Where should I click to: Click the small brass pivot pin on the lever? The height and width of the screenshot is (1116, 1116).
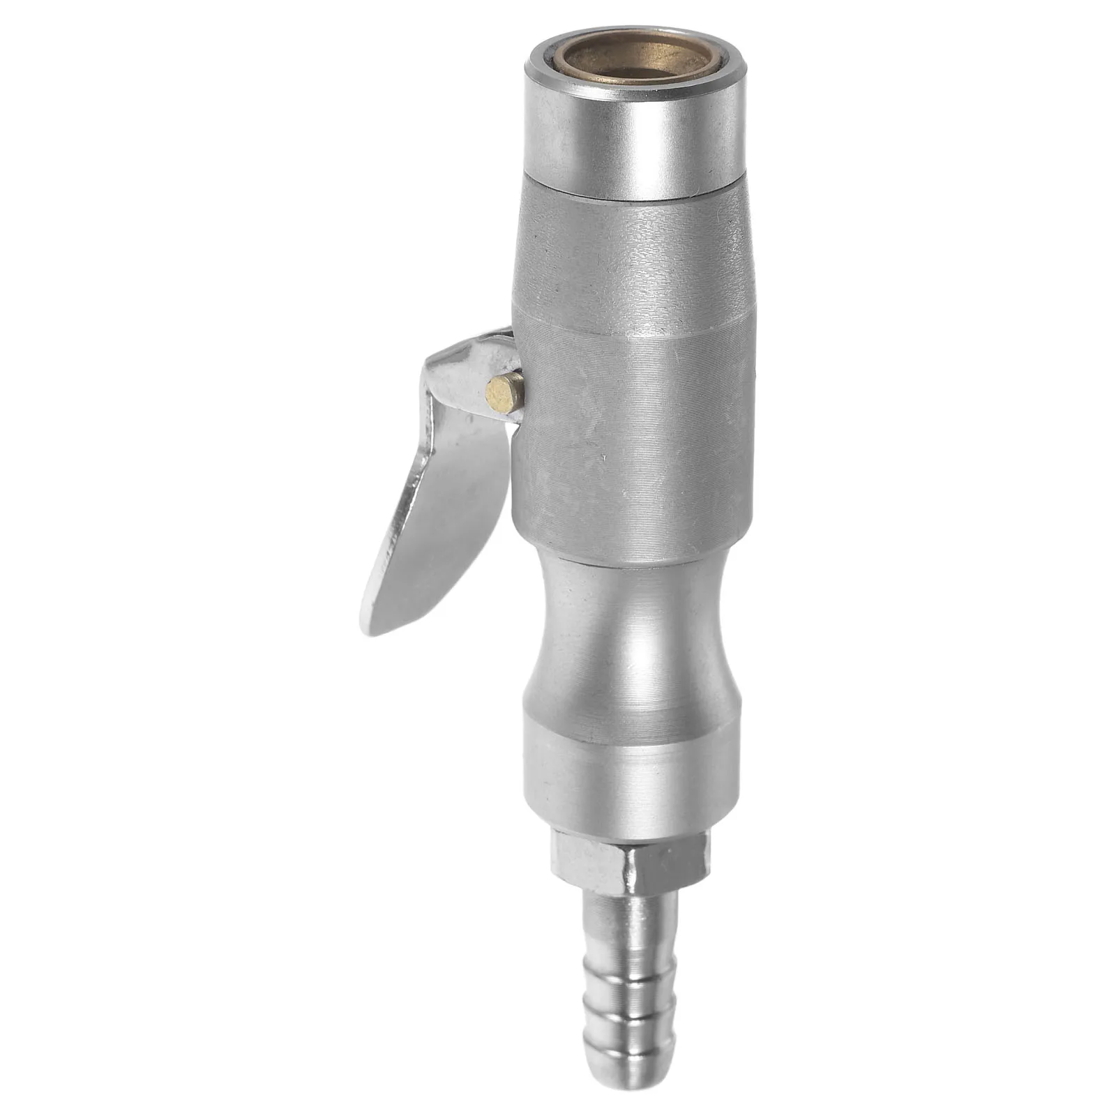point(505,393)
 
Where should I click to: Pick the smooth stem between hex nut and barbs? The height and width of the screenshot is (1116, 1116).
point(631,914)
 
